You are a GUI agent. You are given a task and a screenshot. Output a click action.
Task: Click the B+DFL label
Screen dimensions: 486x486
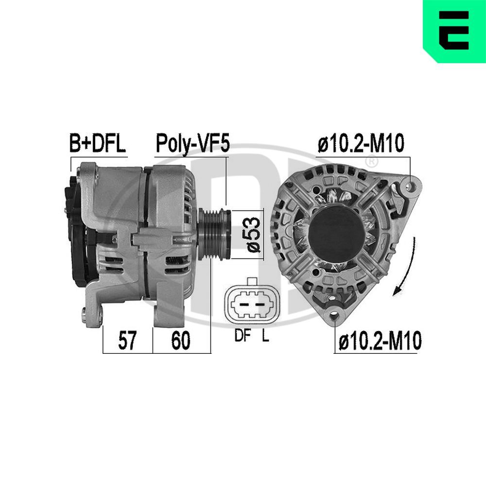(x=98, y=143)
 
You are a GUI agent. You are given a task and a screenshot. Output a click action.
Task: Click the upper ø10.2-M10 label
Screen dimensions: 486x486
(x=361, y=144)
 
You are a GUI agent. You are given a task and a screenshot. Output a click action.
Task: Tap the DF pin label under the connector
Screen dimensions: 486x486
(x=241, y=336)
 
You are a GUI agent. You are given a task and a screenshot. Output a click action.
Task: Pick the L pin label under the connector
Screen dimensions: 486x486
(x=265, y=336)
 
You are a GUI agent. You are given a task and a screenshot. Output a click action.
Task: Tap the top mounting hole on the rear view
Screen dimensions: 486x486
(x=412, y=186)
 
